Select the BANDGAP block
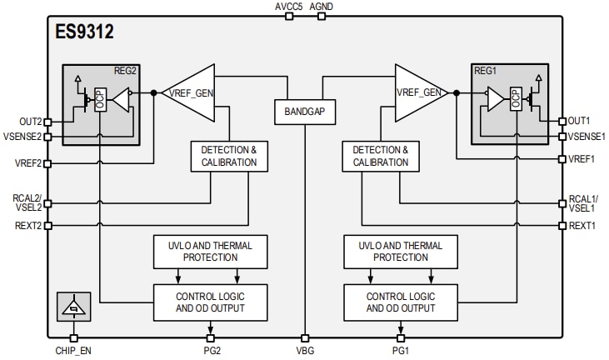(304, 111)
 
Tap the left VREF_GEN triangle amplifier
(187, 92)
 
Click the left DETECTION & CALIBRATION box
(229, 156)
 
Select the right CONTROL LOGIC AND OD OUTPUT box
(400, 302)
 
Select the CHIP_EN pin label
(73, 351)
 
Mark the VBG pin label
(305, 351)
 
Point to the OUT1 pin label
(580, 121)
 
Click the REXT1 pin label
(582, 226)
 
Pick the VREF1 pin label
(582, 159)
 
